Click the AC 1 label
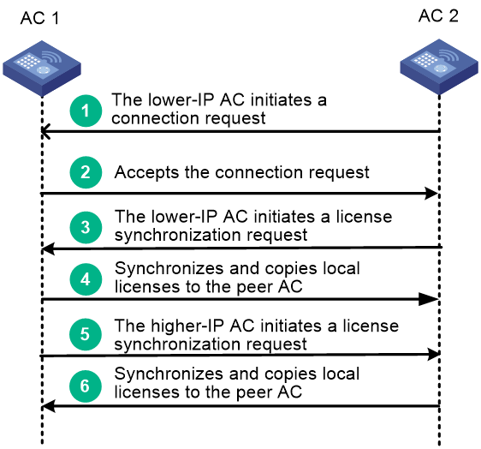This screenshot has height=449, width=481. tap(39, 18)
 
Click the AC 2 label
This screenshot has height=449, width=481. tap(438, 15)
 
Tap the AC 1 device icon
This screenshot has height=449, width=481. tap(42, 69)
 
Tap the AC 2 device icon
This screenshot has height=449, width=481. tap(439, 67)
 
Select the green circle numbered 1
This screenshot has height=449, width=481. tap(86, 111)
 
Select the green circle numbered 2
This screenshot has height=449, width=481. tap(86, 172)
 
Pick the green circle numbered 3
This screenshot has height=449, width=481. tap(86, 227)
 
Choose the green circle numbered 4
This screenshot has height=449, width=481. tap(86, 279)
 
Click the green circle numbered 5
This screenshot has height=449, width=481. tap(86, 334)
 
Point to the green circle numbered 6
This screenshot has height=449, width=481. tap(86, 386)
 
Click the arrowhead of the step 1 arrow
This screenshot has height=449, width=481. tap(45, 131)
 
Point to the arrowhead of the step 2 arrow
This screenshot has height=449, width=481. tap(431, 193)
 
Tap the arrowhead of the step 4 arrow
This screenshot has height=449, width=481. tap(429, 299)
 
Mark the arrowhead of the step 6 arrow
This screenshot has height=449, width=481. tap(49, 406)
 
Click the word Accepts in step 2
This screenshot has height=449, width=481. tap(146, 172)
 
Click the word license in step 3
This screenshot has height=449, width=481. tap(364, 217)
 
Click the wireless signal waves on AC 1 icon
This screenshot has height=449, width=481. tap(51, 57)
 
